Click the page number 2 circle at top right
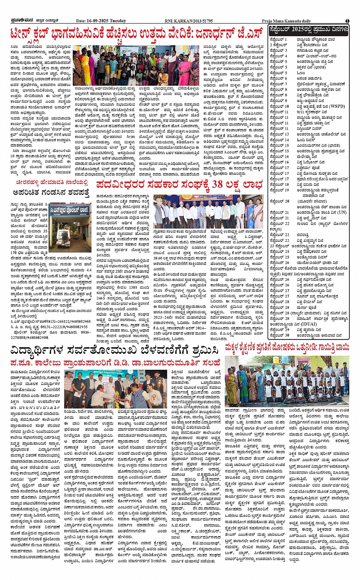click(347, 21)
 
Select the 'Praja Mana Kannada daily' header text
click(286, 21)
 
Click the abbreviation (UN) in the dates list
click(342, 213)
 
